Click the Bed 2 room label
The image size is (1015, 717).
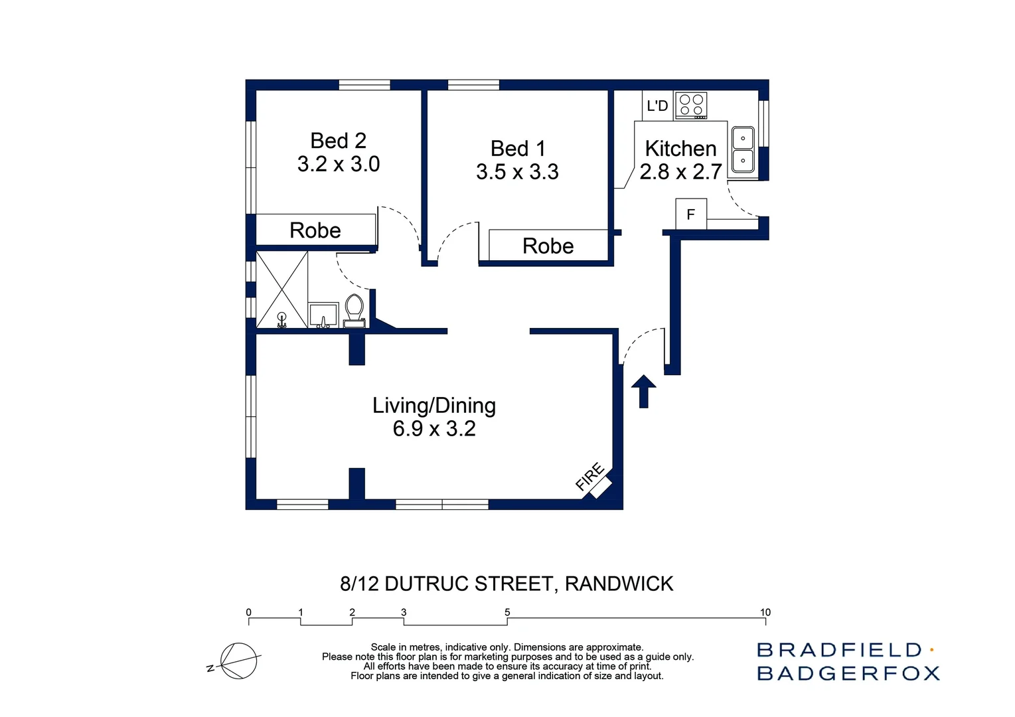click(x=338, y=141)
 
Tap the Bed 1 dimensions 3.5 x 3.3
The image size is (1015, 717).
click(x=517, y=172)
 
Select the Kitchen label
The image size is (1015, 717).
click(x=680, y=148)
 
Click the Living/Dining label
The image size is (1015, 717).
click(x=433, y=405)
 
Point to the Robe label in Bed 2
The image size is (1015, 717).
click(x=315, y=230)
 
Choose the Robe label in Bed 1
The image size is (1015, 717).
click(x=548, y=246)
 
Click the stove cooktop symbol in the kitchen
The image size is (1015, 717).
click(x=691, y=106)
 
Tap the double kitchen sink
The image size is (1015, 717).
click(x=743, y=149)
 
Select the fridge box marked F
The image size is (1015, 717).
click(x=691, y=214)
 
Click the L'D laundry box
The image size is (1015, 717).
click(x=657, y=106)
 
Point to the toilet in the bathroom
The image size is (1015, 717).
click(x=354, y=311)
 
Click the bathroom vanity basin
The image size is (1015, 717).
click(x=323, y=315)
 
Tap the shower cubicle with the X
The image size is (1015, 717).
click(x=282, y=289)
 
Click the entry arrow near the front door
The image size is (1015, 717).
click(x=643, y=391)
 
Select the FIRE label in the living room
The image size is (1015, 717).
click(x=589, y=477)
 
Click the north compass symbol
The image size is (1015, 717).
click(x=238, y=661)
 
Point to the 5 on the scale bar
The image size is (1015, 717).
click(x=507, y=612)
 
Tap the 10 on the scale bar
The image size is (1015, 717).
click(x=765, y=612)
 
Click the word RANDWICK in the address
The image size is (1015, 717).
click(x=619, y=584)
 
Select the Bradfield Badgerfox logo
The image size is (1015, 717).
click(x=848, y=661)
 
